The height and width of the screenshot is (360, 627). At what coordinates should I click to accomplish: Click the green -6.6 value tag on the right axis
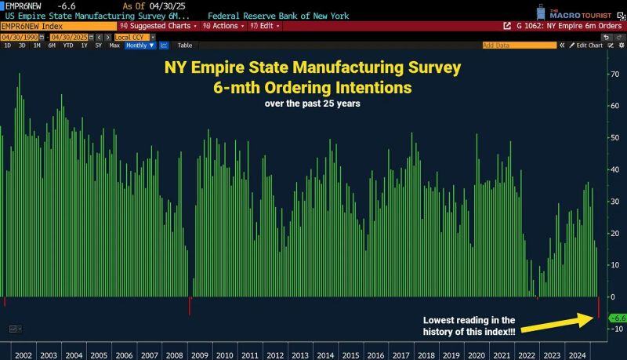[x=618, y=318]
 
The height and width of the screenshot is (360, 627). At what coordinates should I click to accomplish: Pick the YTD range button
[x=68, y=45]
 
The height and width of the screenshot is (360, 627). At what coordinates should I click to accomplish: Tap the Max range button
[x=114, y=45]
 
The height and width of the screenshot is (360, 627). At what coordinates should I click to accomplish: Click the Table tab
[x=187, y=45]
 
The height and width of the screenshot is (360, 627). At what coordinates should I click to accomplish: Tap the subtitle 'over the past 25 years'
[x=312, y=104]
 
